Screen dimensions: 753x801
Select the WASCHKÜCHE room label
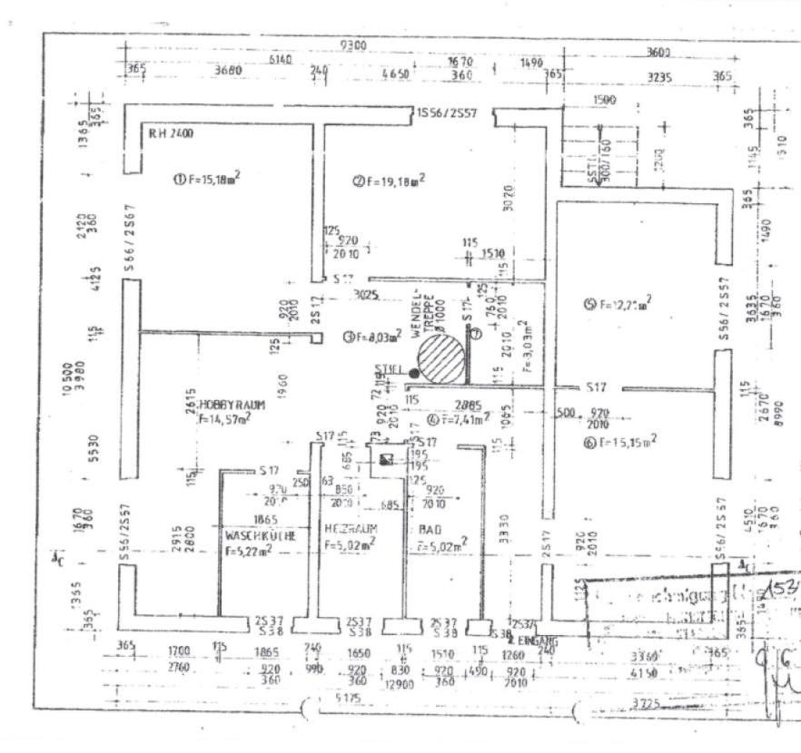(x=261, y=536)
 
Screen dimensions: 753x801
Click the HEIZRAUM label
(x=351, y=528)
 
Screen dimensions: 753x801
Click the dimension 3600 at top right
(x=658, y=53)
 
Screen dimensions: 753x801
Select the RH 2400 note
(x=171, y=133)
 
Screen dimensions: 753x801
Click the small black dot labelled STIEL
(x=414, y=373)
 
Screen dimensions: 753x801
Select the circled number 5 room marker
(x=589, y=304)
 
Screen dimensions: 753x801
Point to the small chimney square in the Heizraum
(x=388, y=459)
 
